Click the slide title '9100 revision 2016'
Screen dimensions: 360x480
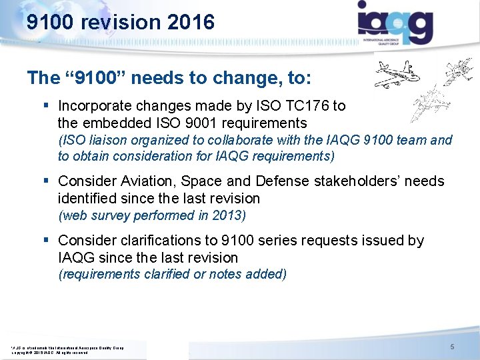[121, 23]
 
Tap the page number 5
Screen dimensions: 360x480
[452, 347]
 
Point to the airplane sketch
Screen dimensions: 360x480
[400, 74]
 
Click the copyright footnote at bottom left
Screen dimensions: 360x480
[67, 349]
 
